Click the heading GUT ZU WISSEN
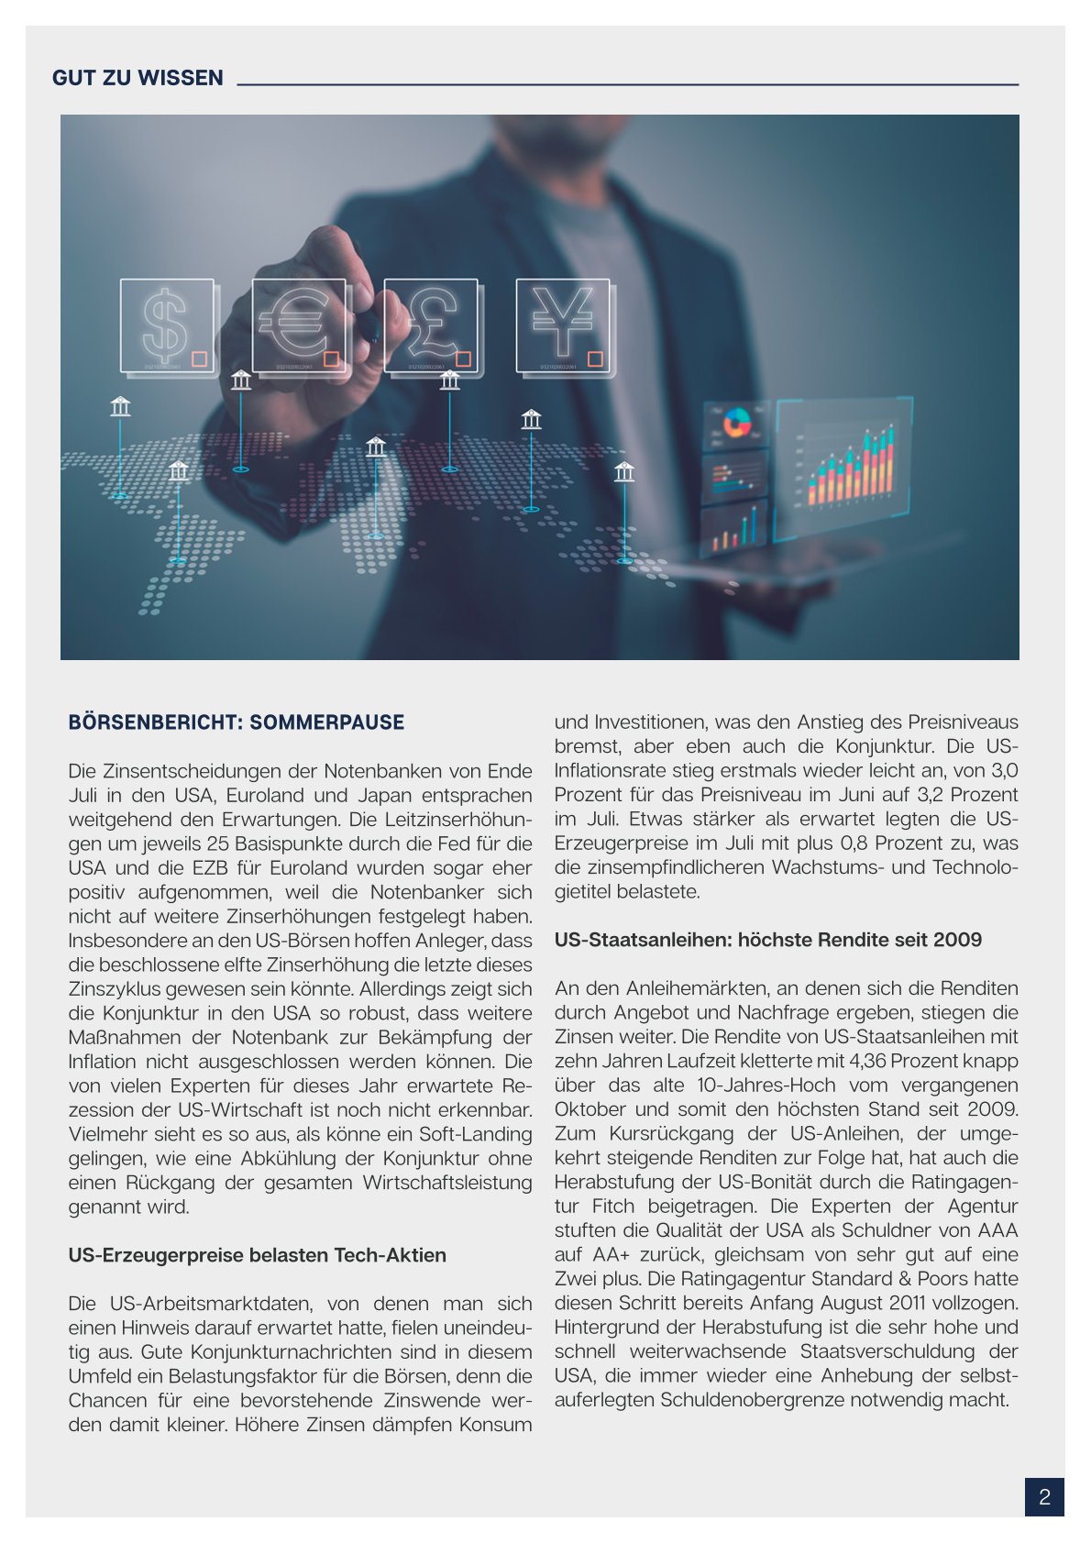coord(138,78)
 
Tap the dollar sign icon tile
coord(167,325)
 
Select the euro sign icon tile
coord(298,325)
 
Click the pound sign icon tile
coord(431,325)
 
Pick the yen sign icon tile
coord(563,325)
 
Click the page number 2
coord(1044,1497)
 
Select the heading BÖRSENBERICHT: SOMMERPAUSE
coord(236,722)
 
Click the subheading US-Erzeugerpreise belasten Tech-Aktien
coord(257,1255)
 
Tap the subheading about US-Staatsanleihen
coord(767,940)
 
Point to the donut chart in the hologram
coord(736,424)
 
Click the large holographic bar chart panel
coord(843,458)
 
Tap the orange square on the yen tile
coord(595,358)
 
